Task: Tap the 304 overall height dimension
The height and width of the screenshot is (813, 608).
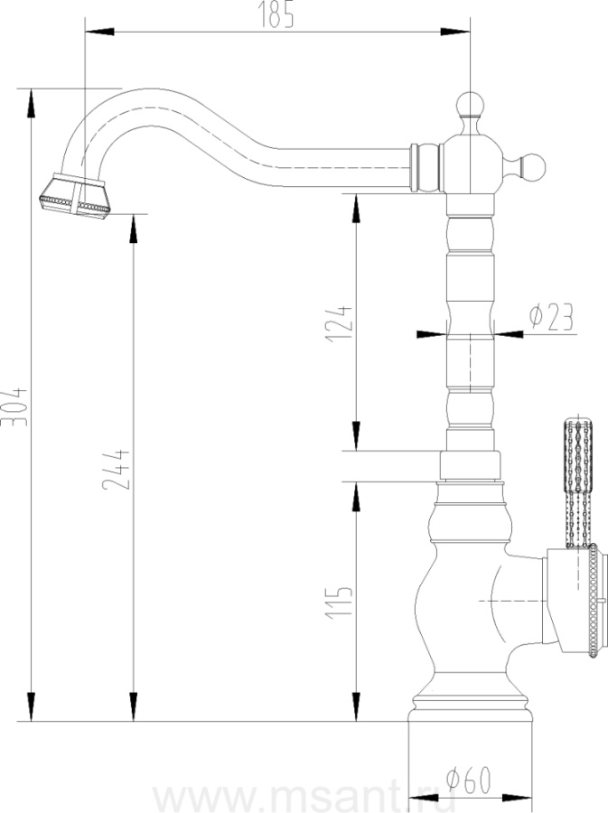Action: point(16,406)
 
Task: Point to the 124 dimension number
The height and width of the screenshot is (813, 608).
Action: point(339,323)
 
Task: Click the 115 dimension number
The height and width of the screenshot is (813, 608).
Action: point(339,602)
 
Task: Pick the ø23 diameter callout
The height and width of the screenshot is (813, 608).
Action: point(552,317)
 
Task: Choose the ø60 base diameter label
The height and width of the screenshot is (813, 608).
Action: point(469,780)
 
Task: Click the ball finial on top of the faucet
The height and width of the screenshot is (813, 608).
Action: point(470,106)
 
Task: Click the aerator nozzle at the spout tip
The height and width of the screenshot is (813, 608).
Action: point(75,196)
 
